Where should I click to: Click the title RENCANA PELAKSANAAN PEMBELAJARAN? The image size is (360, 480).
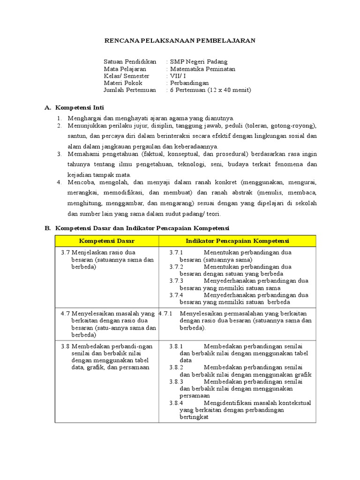180,41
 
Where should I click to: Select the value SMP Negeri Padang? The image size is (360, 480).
199,61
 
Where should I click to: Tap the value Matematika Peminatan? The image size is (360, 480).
202,68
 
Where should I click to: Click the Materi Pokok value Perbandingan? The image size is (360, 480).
189,83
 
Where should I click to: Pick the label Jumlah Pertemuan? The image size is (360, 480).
129,90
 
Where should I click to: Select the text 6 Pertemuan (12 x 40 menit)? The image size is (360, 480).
210,90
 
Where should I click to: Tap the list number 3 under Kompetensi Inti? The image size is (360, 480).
60,154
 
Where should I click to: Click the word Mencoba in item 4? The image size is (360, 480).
80,182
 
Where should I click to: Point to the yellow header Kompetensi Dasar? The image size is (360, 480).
107,241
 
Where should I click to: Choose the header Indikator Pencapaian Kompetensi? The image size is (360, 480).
237,241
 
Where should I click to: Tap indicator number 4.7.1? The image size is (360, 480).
165,314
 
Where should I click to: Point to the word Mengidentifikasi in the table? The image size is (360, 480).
227,403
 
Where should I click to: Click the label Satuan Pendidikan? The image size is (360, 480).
130,61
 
